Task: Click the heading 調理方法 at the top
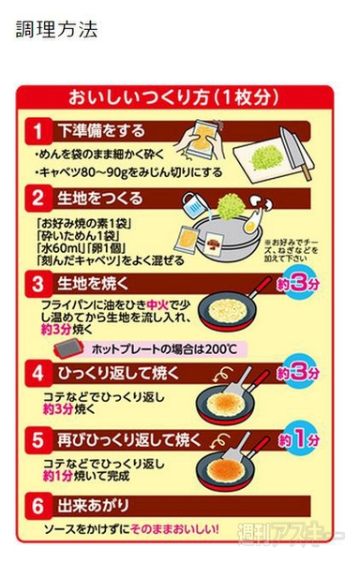point(57,30)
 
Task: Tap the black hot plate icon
point(67,348)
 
